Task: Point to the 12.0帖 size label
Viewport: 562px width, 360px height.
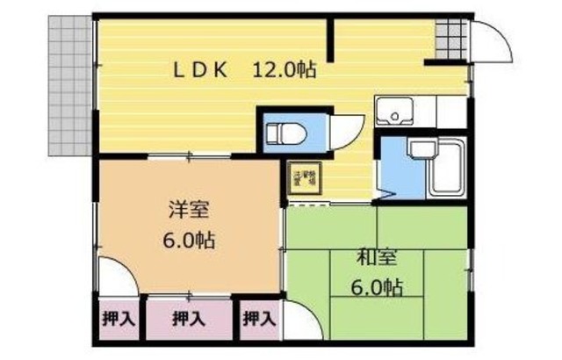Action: coord(285,71)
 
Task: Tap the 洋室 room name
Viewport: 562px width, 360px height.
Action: coord(190,211)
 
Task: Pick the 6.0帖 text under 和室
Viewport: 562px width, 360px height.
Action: coord(377,286)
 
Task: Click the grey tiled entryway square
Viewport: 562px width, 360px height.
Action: coord(449,38)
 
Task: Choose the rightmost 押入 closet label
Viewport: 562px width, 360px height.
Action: coord(256,318)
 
